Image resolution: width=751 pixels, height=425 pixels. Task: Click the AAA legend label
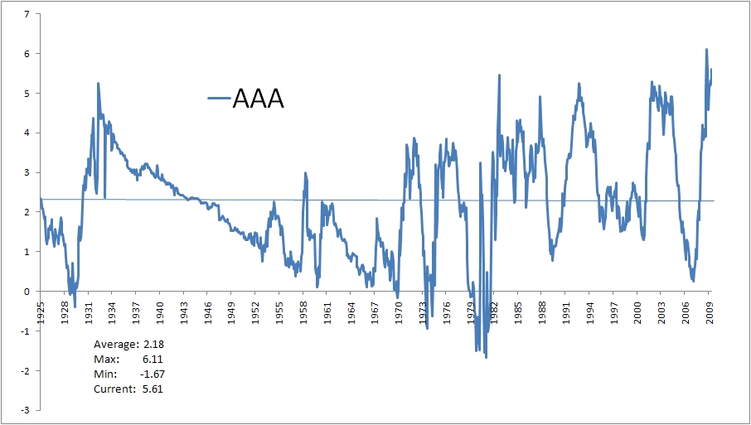(258, 99)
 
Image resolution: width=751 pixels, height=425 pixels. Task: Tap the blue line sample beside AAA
(218, 99)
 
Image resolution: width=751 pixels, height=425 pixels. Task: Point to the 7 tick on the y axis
(28, 14)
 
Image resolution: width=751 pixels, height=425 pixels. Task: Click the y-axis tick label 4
(28, 133)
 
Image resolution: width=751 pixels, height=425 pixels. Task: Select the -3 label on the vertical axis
(26, 410)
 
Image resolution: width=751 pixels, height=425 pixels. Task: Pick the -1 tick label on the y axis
(26, 331)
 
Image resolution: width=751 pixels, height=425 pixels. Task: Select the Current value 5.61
(152, 389)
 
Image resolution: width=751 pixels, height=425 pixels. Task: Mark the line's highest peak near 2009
(706, 50)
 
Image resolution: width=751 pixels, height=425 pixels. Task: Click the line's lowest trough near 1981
(486, 357)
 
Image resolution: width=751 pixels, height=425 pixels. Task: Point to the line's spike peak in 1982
(499, 75)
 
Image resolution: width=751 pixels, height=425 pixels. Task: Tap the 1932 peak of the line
(98, 84)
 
